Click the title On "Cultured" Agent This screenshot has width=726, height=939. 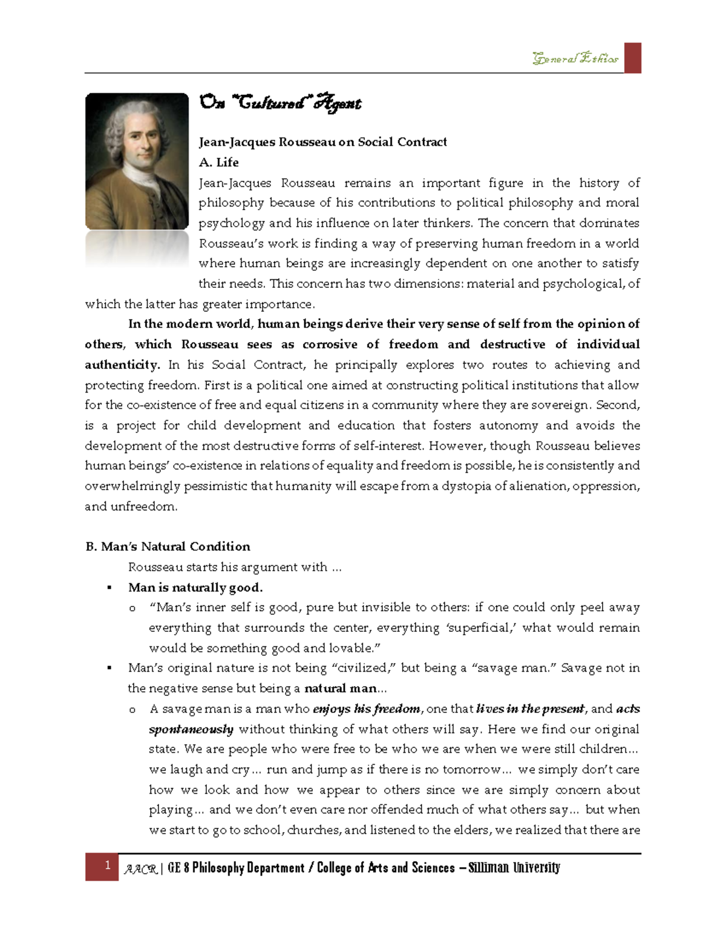coord(280,103)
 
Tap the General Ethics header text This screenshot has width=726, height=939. coord(575,59)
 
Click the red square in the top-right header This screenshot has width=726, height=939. coord(632,58)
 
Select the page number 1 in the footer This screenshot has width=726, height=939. coord(107,865)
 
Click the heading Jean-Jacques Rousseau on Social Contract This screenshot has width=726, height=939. coord(322,142)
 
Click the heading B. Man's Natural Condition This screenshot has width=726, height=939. coord(168,547)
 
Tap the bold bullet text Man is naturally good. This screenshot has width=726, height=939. coord(195,587)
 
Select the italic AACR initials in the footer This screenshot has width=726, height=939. coord(140,869)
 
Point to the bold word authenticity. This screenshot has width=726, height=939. coord(122,365)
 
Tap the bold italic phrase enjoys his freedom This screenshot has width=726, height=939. coord(366,709)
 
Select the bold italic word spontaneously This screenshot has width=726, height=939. coord(191,729)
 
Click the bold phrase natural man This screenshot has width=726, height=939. coord(340,688)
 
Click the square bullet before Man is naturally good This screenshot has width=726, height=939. coord(110,588)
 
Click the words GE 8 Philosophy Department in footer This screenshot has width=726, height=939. coord(236,868)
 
